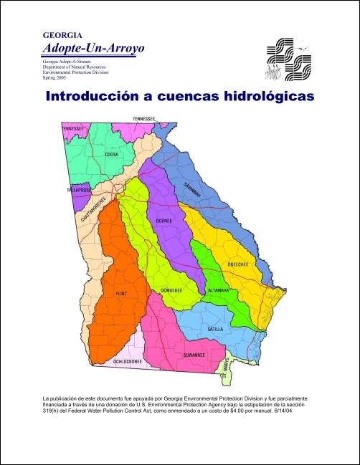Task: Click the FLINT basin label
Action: (x=120, y=294)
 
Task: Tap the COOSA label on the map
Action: (x=111, y=154)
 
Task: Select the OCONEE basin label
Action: (x=164, y=221)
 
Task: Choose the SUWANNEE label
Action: (x=194, y=355)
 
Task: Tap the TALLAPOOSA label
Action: (x=78, y=191)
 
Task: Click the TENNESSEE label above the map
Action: (x=144, y=118)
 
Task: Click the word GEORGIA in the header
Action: (x=62, y=34)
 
